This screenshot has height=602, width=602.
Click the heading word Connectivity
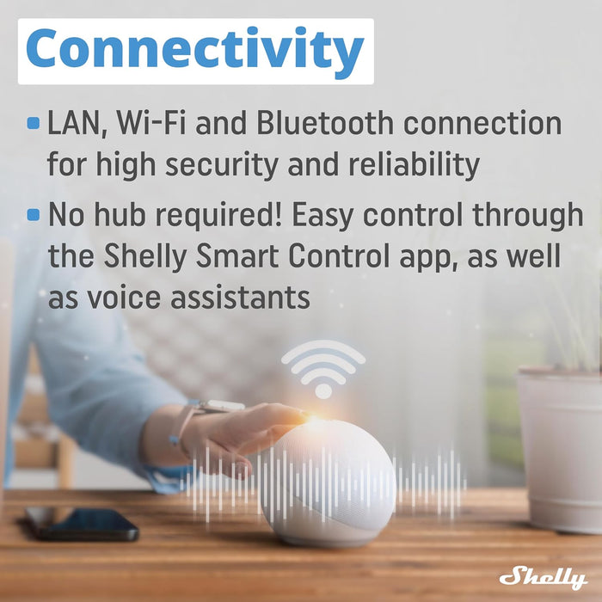click(195, 51)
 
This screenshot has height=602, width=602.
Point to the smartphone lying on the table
click(82, 521)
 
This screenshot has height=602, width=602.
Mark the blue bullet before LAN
click(34, 124)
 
